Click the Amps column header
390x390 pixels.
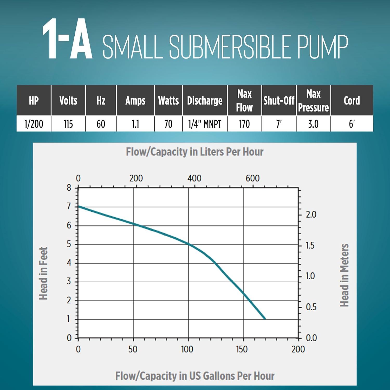135,101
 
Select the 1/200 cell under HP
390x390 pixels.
34,124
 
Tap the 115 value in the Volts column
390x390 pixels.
68,124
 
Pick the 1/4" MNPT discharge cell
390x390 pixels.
205,124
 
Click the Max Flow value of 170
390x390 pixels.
244,124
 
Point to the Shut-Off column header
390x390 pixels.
279,101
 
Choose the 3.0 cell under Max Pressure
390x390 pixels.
313,124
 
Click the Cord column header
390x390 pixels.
352,101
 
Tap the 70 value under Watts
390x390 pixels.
168,124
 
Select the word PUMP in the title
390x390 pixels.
322,47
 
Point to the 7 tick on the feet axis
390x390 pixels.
69,206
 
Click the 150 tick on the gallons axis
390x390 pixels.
242,349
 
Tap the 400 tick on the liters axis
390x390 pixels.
194,178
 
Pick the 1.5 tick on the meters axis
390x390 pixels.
310,245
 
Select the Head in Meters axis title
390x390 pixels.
344,275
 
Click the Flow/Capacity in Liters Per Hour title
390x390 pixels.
195,152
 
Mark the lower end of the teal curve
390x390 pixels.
265,318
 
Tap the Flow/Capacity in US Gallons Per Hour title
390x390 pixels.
195,376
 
